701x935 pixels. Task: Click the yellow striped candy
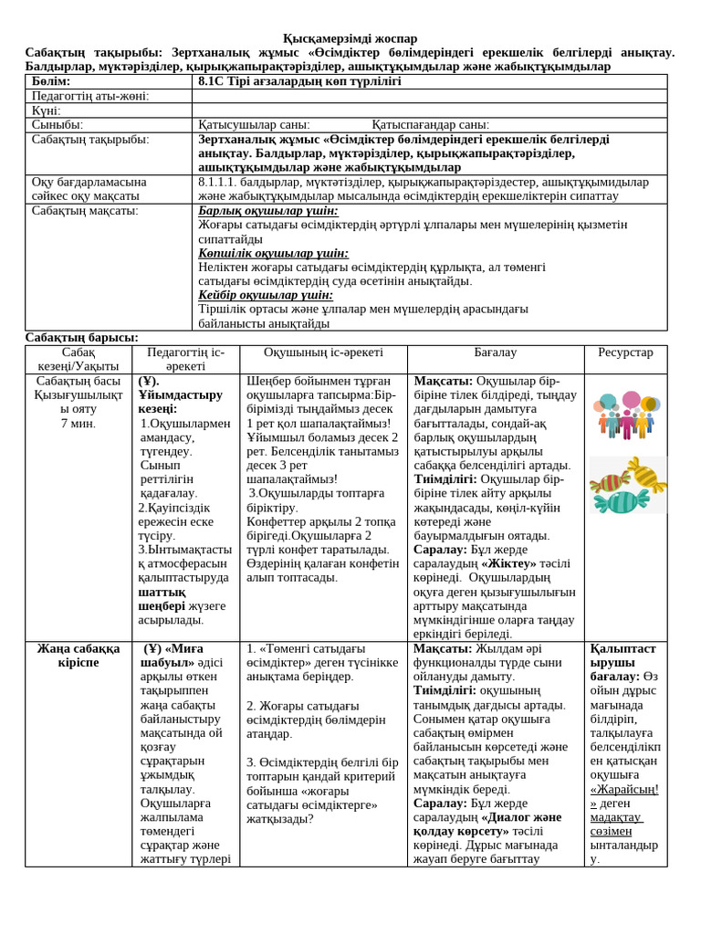(x=646, y=474)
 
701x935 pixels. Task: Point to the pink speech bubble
(x=632, y=400)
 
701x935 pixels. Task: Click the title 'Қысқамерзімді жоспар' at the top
(x=350, y=38)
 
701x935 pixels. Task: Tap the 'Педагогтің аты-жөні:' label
(x=90, y=96)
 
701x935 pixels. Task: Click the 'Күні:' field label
(x=47, y=110)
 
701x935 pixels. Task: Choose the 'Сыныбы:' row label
(x=58, y=125)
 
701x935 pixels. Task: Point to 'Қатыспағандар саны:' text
(x=430, y=125)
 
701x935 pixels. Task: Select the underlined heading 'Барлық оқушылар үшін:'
(x=267, y=211)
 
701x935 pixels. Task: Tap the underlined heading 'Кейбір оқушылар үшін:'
(x=266, y=295)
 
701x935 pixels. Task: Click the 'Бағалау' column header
(x=495, y=352)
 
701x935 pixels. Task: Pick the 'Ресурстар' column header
(x=625, y=352)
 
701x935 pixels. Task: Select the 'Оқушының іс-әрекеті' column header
(x=323, y=352)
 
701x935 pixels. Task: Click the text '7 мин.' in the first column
(x=78, y=424)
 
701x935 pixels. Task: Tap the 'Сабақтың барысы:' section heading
(x=82, y=338)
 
